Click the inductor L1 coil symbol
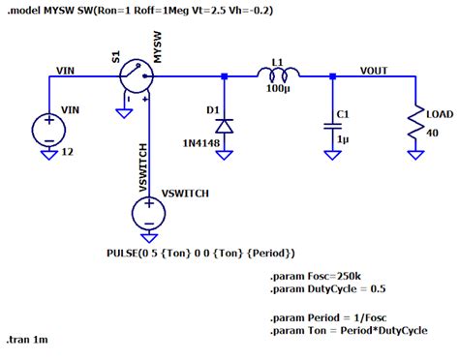[x=277, y=73]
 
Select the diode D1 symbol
[x=225, y=126]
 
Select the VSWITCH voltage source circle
[x=148, y=207]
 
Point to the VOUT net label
[x=376, y=70]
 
